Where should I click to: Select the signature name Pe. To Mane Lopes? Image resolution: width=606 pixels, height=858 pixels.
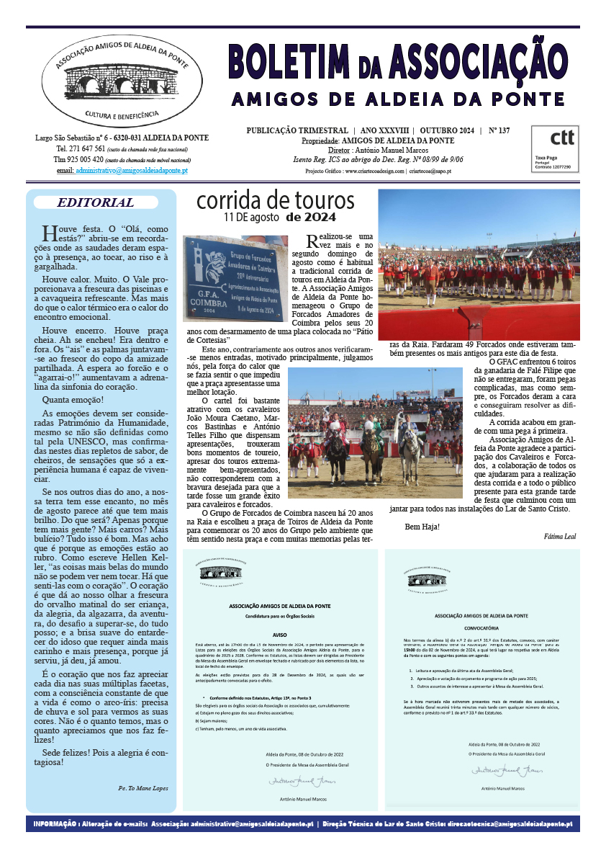coord(143,788)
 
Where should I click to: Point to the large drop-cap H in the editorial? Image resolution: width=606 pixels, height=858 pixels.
coord(48,233)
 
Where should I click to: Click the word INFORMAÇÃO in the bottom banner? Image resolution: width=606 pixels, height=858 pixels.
coord(55,823)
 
